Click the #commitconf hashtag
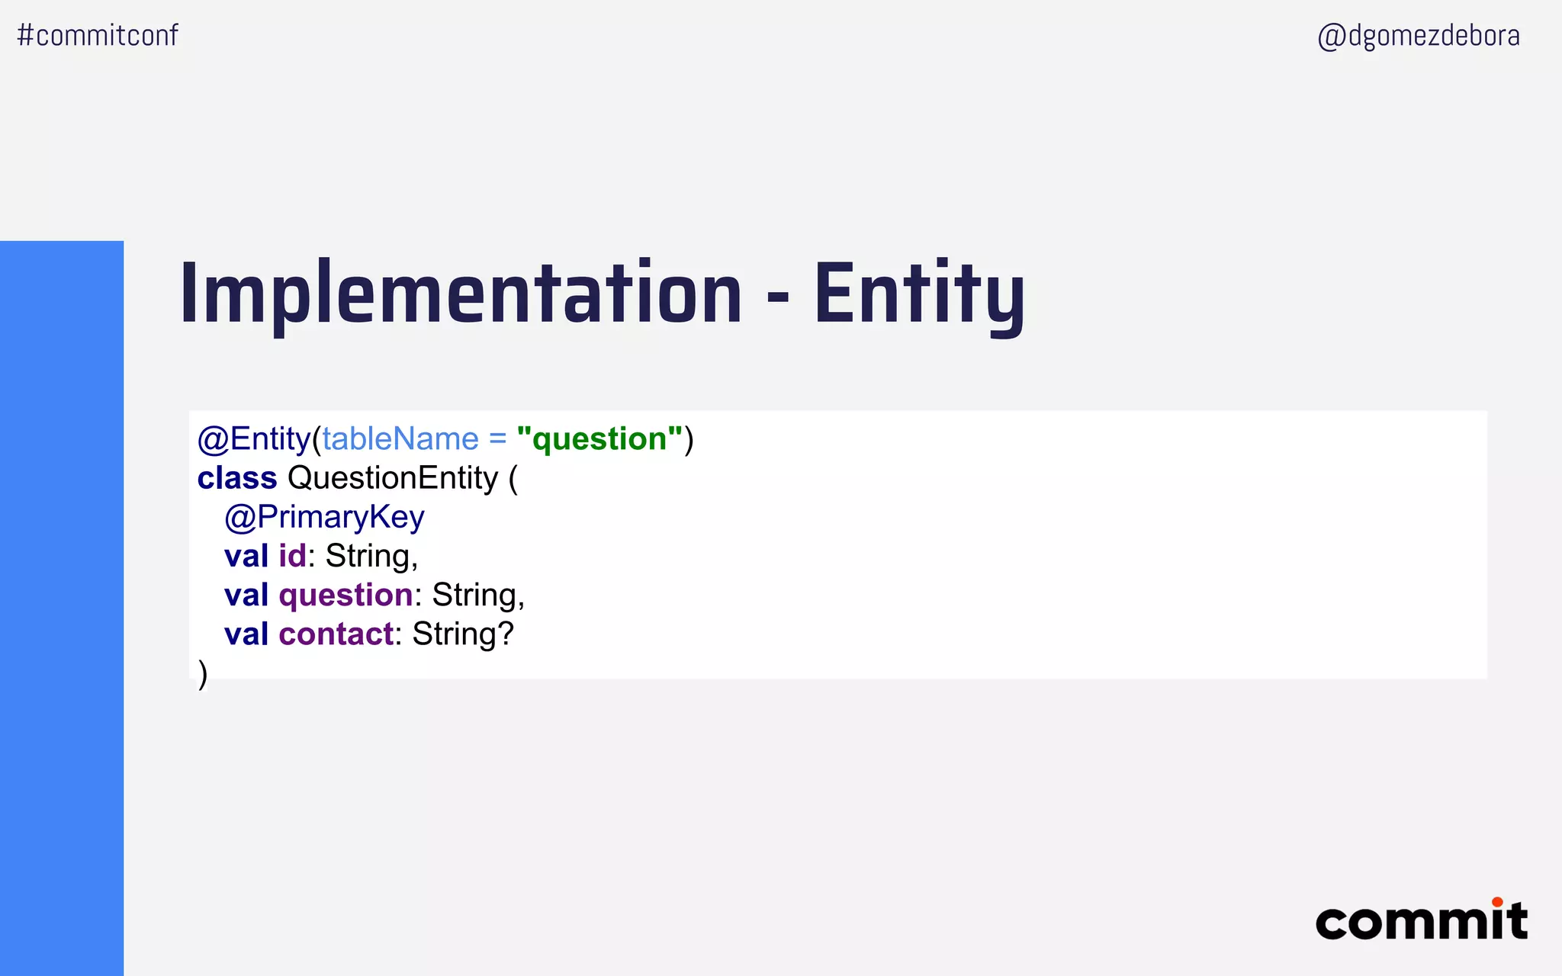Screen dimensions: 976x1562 click(x=98, y=35)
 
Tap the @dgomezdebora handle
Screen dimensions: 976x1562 click(x=1418, y=36)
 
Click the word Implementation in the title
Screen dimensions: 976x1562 click(x=461, y=294)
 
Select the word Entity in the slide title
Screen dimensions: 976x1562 click(x=919, y=294)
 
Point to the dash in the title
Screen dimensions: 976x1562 click(x=777, y=297)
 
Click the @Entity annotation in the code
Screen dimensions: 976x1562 click(x=253, y=439)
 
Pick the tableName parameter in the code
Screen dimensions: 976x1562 click(x=400, y=439)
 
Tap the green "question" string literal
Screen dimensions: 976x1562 click(x=599, y=439)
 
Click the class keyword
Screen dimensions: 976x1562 click(x=237, y=478)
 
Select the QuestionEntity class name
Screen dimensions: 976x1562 click(x=392, y=478)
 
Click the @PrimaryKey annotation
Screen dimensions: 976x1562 click(x=324, y=517)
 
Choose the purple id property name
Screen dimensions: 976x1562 click(x=292, y=556)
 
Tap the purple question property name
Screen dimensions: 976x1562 click(x=346, y=596)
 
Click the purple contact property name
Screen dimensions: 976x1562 click(x=336, y=634)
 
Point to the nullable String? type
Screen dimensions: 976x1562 click(x=463, y=634)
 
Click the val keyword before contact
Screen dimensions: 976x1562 click(x=246, y=634)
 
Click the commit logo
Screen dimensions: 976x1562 click(x=1421, y=921)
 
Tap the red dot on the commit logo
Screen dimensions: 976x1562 click(x=1497, y=902)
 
